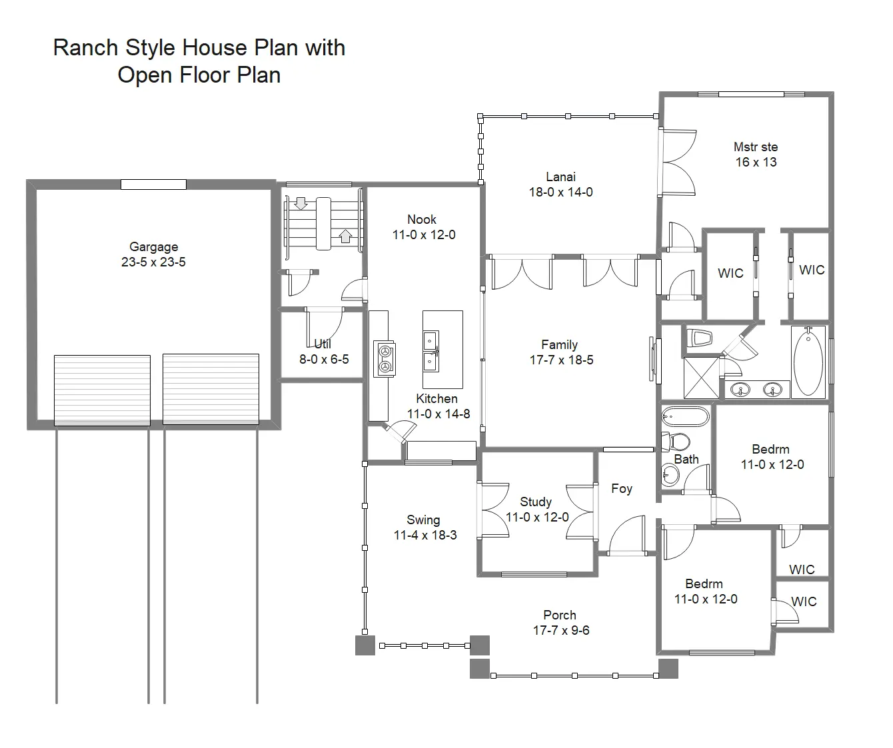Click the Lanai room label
[x=560, y=177]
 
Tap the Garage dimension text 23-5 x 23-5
[x=153, y=262]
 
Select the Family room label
[x=559, y=344]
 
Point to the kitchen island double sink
[x=431, y=351]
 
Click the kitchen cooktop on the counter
[x=385, y=359]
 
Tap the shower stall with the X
[x=701, y=378]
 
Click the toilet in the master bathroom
[x=699, y=338]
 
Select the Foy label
[x=621, y=488]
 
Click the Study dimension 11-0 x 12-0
[x=537, y=517]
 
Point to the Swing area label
[x=423, y=520]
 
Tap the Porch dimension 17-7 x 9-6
[x=561, y=631]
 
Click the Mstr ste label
[x=756, y=147]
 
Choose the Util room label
[x=323, y=344]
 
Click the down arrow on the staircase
[x=301, y=203]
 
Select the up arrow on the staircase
[x=345, y=236]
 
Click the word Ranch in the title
[x=85, y=47]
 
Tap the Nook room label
[x=422, y=219]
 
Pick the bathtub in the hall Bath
[x=685, y=416]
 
